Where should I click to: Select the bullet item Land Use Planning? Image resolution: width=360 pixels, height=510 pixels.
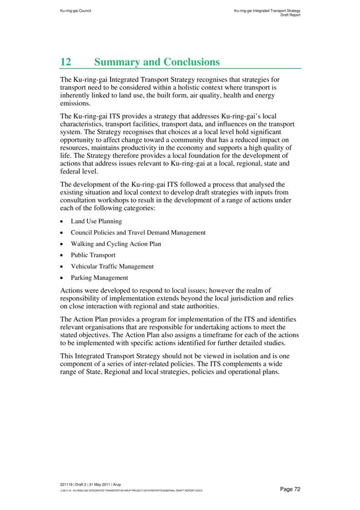[96, 221]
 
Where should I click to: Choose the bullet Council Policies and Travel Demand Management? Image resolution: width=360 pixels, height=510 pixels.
[138, 232]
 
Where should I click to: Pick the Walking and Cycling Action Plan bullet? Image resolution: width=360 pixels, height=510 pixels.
[116, 244]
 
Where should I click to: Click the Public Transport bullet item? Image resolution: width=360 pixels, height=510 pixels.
[93, 255]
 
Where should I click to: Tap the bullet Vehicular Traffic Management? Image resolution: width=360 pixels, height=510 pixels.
[112, 266]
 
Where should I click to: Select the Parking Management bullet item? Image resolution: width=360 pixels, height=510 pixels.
[99, 278]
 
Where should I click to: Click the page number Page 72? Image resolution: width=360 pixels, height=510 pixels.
[290, 489]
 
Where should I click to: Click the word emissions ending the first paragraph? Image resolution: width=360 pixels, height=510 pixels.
[75, 103]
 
